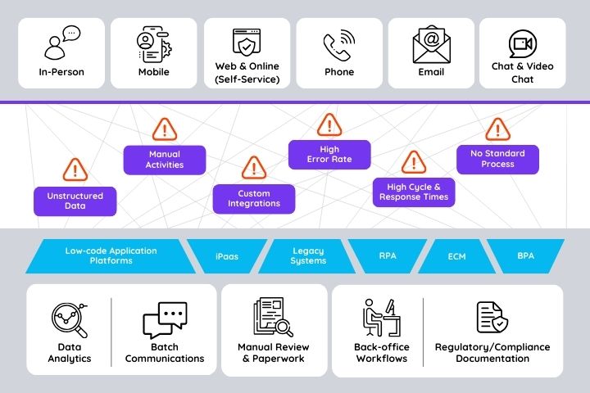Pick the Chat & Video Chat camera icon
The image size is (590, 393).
click(x=522, y=43)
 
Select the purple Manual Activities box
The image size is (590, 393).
click(x=164, y=160)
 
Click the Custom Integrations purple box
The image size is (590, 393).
click(x=254, y=199)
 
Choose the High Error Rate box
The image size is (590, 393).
click(x=329, y=155)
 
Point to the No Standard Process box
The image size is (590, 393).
click(x=497, y=159)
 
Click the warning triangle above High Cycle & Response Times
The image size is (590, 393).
click(x=412, y=162)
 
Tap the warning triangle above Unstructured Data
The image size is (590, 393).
click(x=75, y=169)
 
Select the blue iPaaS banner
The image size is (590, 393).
click(x=227, y=256)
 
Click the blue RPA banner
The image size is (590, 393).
click(x=388, y=256)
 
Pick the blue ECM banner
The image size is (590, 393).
click(x=456, y=256)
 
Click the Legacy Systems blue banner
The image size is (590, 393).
click(x=308, y=256)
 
